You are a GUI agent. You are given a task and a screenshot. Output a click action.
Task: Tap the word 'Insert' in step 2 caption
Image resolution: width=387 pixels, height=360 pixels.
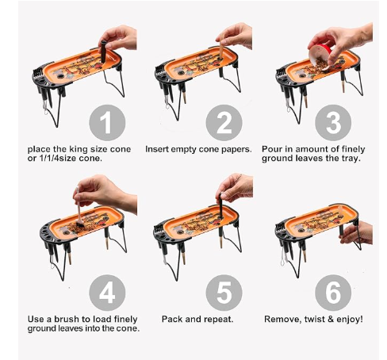click(x=158, y=148)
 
